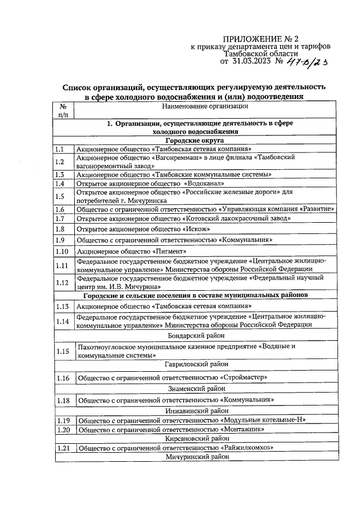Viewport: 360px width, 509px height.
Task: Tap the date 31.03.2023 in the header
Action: [x=251, y=61]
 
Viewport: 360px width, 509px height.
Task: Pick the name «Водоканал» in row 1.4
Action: [x=204, y=183]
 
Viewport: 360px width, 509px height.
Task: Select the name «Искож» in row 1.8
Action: [x=195, y=229]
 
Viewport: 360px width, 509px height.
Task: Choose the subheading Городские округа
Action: [x=195, y=140]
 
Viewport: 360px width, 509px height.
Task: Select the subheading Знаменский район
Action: [x=195, y=388]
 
